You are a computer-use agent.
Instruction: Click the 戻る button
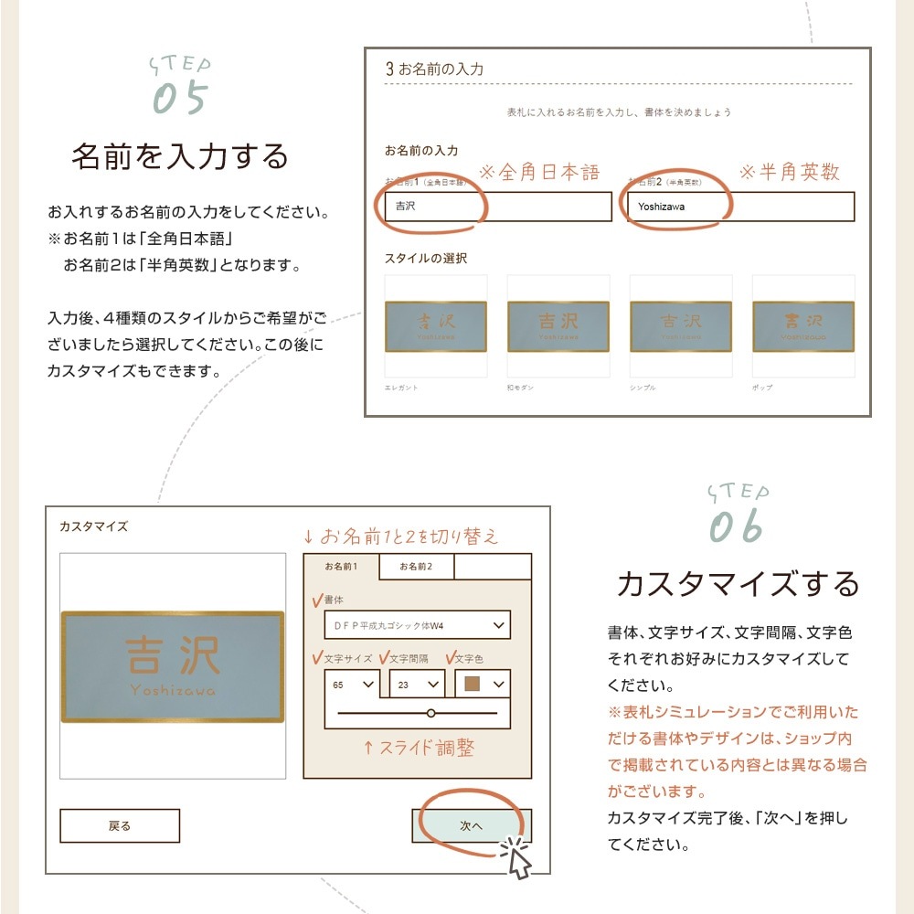(120, 825)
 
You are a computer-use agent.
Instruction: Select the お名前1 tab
(341, 567)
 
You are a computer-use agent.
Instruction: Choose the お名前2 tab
(416, 567)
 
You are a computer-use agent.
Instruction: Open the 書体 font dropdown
(417, 625)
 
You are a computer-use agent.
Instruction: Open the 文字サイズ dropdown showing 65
(352, 685)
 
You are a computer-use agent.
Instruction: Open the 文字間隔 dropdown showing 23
(418, 685)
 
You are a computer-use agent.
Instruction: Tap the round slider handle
(430, 712)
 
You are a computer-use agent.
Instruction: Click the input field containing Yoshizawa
(740, 207)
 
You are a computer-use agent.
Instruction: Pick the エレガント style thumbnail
(436, 326)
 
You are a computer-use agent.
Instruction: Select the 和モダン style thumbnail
(558, 326)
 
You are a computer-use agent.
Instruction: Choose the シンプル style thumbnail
(680, 326)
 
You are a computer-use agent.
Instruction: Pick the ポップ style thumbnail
(802, 326)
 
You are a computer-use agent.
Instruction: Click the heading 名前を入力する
(180, 156)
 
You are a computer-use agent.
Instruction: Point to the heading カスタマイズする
(739, 583)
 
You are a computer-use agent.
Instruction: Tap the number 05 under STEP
(180, 100)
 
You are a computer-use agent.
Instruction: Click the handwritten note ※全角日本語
(539, 172)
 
